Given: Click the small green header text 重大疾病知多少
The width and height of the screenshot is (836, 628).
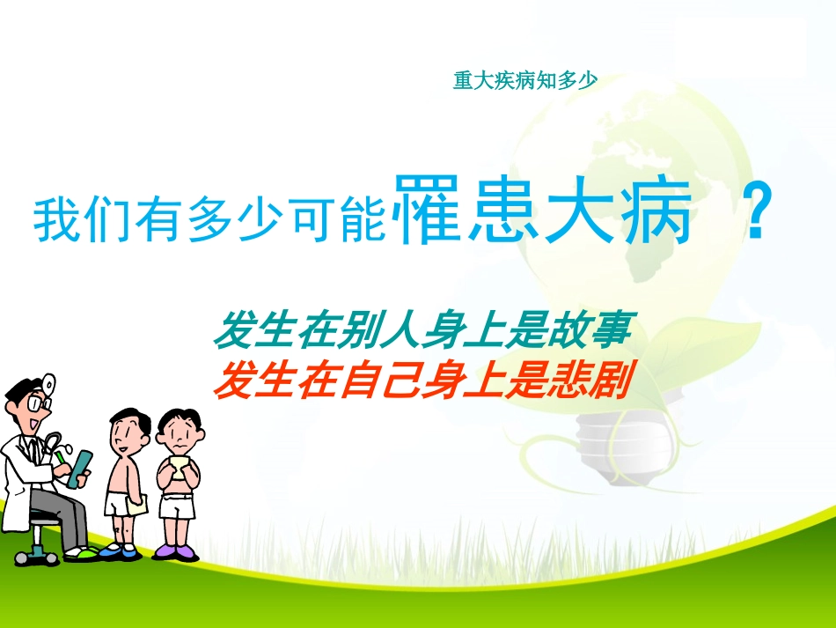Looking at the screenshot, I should click(525, 81).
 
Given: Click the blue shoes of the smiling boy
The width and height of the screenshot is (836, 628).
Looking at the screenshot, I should click(121, 550).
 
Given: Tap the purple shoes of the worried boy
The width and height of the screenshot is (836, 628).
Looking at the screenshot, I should click(176, 551).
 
